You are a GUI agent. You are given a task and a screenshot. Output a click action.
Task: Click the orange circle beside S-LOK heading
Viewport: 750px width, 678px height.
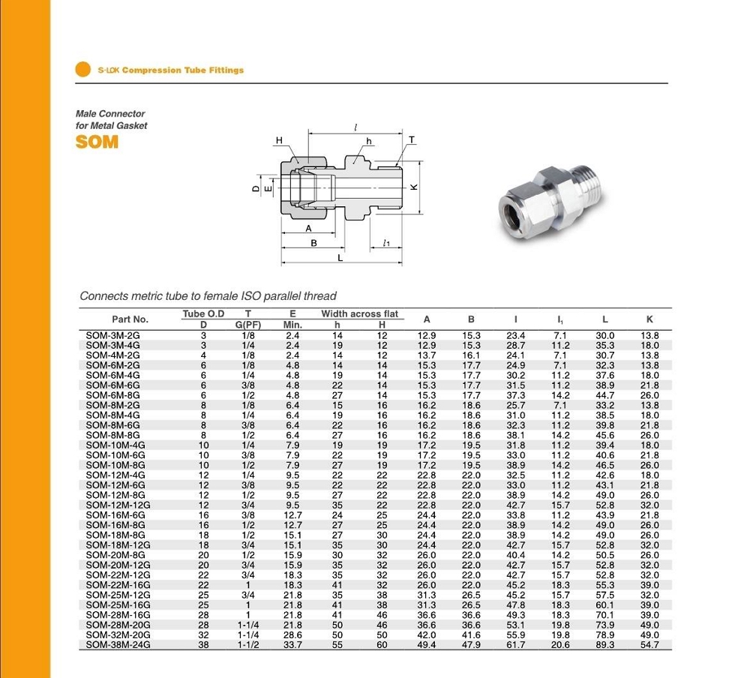coord(83,70)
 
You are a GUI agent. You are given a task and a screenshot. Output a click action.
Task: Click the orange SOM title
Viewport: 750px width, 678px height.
coord(97,141)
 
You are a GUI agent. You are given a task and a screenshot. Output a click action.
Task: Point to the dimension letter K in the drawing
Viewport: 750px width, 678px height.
coord(412,187)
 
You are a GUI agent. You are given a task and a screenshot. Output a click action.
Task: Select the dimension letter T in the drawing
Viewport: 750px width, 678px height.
coord(411,140)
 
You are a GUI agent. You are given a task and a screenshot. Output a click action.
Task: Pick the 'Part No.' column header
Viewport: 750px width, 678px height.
coord(130,319)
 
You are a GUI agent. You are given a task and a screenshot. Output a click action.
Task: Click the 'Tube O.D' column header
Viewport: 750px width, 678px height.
coord(203,313)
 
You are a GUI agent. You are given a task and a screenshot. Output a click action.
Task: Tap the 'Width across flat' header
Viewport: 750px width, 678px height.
coord(360,313)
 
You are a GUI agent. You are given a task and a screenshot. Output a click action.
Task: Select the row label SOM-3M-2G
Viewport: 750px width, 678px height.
coord(113,335)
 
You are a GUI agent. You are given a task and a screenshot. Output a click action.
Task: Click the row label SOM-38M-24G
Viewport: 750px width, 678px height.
coord(118,644)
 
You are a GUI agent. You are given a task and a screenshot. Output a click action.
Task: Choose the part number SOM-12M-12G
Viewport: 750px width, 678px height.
coord(118,505)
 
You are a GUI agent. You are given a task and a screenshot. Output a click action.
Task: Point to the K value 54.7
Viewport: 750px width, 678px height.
coord(649,644)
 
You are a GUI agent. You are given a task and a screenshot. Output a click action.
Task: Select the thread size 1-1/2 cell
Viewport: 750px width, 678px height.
coord(247,644)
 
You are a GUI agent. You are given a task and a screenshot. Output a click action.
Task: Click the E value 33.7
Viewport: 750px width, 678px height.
coord(292,644)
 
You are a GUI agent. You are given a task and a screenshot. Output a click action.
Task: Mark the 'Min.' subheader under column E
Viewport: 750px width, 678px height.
coord(292,325)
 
